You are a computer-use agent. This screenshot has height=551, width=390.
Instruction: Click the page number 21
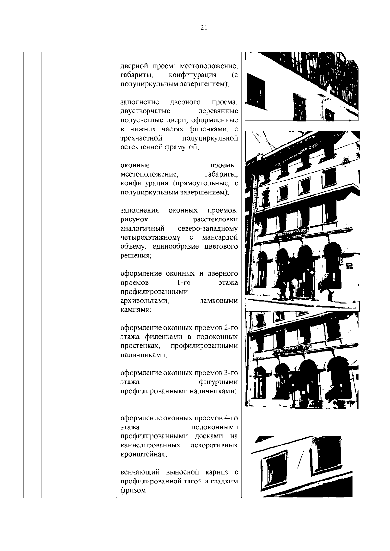204,28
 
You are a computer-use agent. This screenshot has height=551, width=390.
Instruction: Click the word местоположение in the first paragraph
209,66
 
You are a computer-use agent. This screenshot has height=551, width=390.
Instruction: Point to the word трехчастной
141,138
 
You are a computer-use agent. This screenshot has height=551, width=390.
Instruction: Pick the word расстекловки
215,219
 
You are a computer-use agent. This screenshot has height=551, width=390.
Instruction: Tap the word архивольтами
145,301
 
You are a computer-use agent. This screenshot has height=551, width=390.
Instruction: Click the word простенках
140,346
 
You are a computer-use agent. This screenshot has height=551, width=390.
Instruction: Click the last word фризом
133,490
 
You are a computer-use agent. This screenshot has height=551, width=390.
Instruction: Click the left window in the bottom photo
275,470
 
